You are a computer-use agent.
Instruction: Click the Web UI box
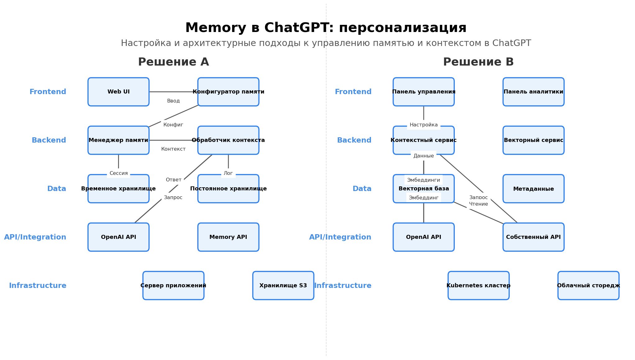point(118,92)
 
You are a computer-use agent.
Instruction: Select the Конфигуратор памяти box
point(228,92)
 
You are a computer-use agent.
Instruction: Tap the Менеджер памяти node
point(118,140)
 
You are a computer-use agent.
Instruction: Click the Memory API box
point(228,237)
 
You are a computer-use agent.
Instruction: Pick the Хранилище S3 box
point(283,286)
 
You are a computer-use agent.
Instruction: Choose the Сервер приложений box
point(173,286)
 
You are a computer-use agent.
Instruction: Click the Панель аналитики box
point(533,92)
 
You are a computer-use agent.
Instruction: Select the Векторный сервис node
point(533,140)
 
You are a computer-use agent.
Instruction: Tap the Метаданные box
point(533,189)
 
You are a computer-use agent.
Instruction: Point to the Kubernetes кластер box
point(478,286)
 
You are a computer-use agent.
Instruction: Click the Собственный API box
point(533,237)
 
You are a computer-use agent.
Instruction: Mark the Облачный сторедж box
point(588,286)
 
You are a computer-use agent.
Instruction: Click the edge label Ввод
point(173,101)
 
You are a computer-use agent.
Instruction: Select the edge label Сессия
point(119,173)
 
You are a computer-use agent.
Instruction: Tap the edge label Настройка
point(423,125)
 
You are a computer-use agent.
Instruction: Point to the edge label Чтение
point(478,204)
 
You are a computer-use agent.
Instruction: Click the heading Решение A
point(173,62)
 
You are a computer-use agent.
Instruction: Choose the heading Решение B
point(478,62)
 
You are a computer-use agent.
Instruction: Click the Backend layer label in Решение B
point(354,140)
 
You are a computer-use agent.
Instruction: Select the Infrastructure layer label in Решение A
point(38,286)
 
